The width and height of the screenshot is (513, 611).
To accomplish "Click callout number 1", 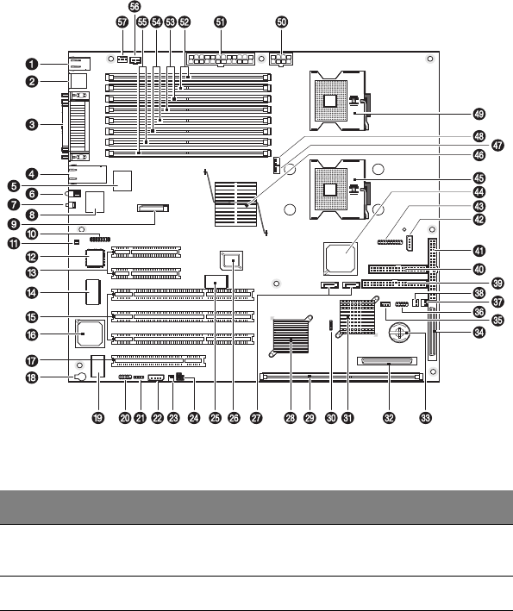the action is pos(32,64).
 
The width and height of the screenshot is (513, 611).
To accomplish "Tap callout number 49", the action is pos(479,114).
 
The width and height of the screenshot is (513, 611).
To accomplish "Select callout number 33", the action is pos(426,418).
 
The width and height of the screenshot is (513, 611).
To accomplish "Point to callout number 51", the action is pos(221,22).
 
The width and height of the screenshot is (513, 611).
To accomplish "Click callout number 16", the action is pos(32,334).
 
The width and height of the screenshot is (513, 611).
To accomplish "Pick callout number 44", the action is pos(479,192).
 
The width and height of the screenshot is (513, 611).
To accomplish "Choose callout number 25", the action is pos(216,418).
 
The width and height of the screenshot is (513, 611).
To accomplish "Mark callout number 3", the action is pos(32,125).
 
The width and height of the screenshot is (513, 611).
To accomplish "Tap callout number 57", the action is pos(122,22).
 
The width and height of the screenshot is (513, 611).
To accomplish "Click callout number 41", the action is pos(479,251).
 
